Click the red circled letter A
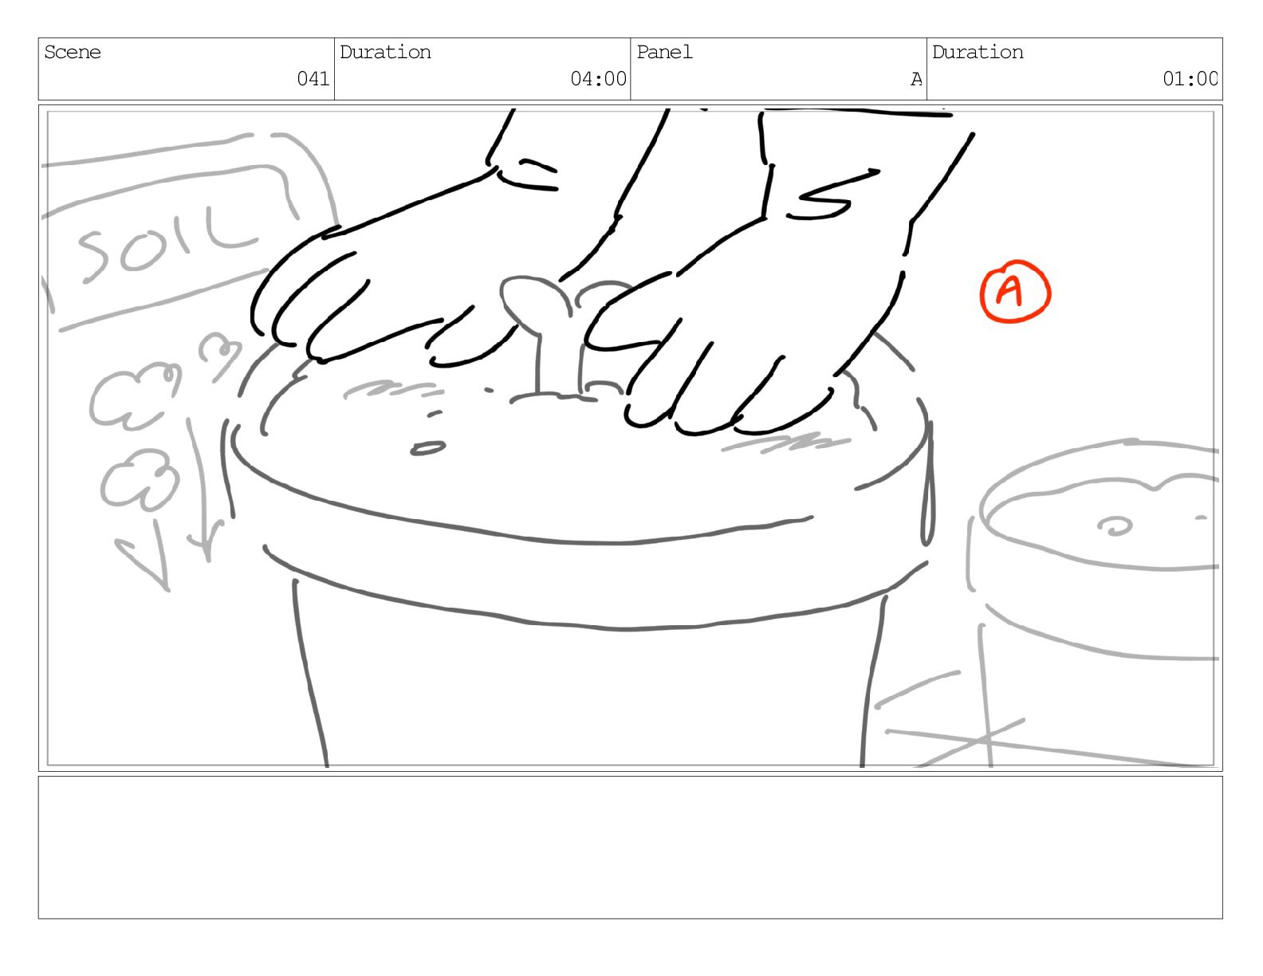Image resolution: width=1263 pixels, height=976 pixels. [1015, 291]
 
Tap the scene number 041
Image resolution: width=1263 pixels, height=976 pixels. [313, 78]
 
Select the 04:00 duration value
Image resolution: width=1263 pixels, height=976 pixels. [598, 78]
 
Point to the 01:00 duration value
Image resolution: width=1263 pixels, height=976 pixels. [1190, 78]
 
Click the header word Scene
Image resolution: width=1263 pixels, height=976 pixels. [73, 53]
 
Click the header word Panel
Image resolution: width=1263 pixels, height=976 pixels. [664, 53]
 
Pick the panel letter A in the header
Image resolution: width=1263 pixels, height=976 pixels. [916, 79]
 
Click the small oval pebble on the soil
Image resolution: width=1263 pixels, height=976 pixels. [428, 448]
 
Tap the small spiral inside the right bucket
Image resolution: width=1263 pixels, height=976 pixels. [1114, 526]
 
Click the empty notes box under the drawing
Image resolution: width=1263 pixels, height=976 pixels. [631, 847]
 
